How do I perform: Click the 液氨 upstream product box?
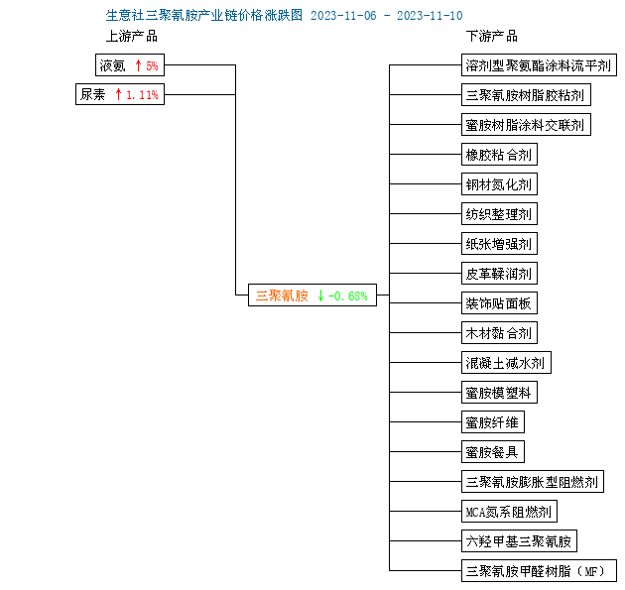[x=130, y=64]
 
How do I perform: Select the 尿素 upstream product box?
[x=120, y=94]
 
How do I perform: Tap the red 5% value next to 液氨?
[x=152, y=65]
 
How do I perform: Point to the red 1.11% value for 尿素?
[x=142, y=95]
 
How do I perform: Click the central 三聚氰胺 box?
[x=312, y=295]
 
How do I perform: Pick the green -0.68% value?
[x=347, y=296]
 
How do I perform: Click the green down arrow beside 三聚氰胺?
[x=320, y=295]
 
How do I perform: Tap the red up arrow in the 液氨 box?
[x=138, y=65]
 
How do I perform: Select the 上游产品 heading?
[x=132, y=37]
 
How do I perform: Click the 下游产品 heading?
[x=492, y=37]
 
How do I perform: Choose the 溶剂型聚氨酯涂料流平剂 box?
[x=539, y=64]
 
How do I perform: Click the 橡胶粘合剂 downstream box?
[x=499, y=154]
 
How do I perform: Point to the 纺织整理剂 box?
[x=499, y=214]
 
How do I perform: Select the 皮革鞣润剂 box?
[x=499, y=274]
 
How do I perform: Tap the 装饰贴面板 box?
[x=499, y=303]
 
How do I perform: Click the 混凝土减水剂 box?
[x=506, y=363]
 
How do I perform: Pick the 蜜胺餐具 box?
[x=493, y=452]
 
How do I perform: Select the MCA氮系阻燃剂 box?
[x=509, y=511]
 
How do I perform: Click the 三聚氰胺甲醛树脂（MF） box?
[x=539, y=571]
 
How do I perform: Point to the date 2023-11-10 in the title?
[x=430, y=16]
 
